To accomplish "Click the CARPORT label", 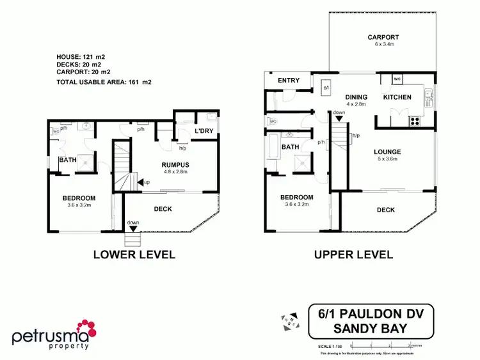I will [x=383, y=37].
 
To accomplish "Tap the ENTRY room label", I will [x=288, y=81].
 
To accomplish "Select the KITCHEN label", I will [x=397, y=97].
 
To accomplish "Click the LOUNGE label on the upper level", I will [x=388, y=152].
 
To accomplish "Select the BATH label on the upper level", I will [x=291, y=147].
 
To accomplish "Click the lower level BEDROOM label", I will [x=79, y=198].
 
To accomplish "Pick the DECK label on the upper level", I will [x=386, y=210].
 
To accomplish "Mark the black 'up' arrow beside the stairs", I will [x=140, y=182].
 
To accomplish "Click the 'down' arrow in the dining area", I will [x=339, y=118].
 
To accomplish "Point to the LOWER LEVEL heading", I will [x=134, y=254].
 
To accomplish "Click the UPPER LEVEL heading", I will [x=353, y=254].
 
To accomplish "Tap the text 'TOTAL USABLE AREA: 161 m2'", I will [x=103, y=82].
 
